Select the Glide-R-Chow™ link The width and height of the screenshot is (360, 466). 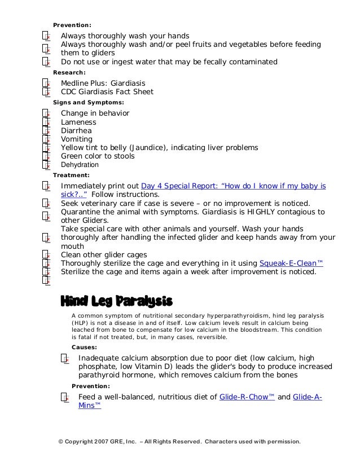(x=247, y=397)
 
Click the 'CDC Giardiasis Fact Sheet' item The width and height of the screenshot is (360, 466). (x=107, y=91)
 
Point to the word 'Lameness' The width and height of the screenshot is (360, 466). (x=78, y=122)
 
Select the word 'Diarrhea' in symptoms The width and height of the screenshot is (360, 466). (x=77, y=130)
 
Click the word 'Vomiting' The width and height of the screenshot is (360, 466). (x=77, y=139)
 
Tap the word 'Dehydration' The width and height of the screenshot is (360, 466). (x=80, y=165)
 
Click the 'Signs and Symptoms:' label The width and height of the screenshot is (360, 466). (x=89, y=103)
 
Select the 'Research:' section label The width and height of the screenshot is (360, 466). (x=69, y=72)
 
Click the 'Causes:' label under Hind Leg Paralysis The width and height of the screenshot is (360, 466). (x=84, y=348)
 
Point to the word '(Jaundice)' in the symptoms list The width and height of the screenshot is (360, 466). (x=150, y=148)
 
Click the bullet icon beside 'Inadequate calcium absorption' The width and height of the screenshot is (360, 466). (x=65, y=359)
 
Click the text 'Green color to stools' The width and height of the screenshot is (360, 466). (x=98, y=156)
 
